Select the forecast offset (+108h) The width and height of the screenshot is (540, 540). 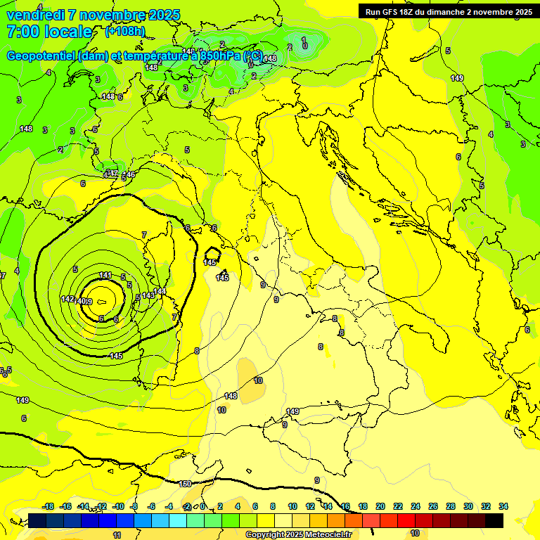(x=125, y=32)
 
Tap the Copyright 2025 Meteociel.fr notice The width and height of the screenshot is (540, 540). (x=298, y=535)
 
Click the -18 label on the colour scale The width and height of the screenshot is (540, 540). (x=48, y=506)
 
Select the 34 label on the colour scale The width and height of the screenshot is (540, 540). (x=503, y=506)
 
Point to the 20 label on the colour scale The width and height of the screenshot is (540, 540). (x=380, y=506)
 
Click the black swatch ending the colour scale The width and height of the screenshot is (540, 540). (x=494, y=520)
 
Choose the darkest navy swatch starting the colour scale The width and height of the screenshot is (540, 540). (x=37, y=520)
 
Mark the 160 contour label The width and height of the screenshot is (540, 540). (x=185, y=484)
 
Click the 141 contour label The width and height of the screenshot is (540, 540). (x=105, y=275)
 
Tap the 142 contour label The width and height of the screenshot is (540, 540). (x=67, y=299)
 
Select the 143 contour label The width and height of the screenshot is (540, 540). (x=148, y=295)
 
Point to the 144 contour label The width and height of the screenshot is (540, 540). (x=160, y=290)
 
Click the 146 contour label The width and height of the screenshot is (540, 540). (x=129, y=174)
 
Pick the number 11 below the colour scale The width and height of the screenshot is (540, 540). (x=117, y=535)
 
